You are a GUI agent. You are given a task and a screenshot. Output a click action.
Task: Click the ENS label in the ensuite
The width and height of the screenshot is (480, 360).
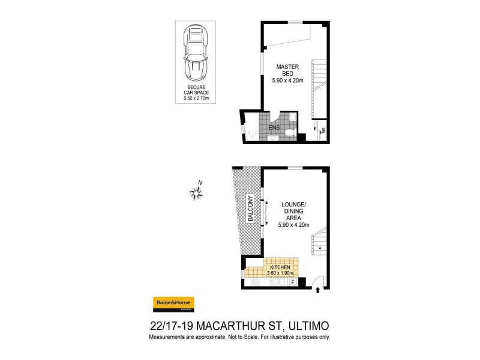click(x=274, y=128)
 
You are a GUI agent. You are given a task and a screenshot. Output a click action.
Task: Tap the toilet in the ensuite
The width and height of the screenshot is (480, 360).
click(x=290, y=132)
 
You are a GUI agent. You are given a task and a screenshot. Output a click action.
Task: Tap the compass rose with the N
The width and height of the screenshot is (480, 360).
click(x=196, y=192)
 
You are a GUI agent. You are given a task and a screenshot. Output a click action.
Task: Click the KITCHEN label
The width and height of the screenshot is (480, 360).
click(x=281, y=267)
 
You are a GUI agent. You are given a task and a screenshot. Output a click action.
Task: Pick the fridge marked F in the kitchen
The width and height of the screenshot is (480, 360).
click(x=293, y=281)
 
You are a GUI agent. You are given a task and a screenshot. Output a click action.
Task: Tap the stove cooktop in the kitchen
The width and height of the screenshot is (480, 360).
click(x=254, y=281)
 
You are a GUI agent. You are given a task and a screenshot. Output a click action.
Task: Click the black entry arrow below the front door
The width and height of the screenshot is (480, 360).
click(x=317, y=292)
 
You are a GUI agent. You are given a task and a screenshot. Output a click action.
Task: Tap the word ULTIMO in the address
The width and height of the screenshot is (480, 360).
click(x=305, y=326)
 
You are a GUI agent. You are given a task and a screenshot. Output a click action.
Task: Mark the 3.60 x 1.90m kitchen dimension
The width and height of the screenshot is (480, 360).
click(x=281, y=273)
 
